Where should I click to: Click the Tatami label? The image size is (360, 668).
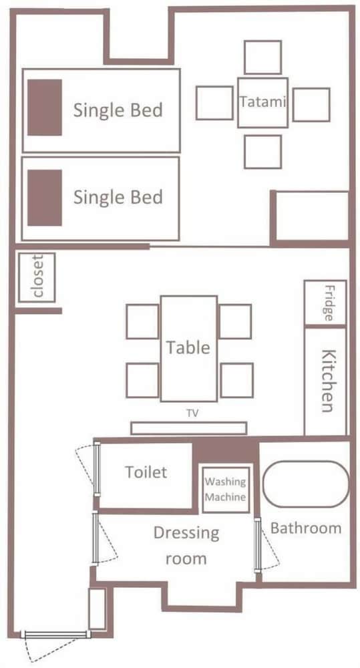coord(262,102)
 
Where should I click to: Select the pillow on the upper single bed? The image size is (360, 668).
coord(45,108)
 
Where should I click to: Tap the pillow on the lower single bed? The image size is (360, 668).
coord(45,198)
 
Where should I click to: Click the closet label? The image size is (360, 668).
coord(38,277)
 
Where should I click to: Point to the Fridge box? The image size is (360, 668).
coord(325,303)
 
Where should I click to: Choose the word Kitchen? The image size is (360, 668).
coord(327,381)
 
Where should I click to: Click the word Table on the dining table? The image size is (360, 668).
coord(188,347)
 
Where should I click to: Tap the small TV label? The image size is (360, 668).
coord(192,412)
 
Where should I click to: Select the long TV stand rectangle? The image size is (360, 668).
coord(189,428)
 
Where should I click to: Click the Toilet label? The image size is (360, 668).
coord(146,472)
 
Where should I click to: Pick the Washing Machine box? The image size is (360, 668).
coord(225,490)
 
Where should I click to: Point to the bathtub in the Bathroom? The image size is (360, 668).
coord(306,484)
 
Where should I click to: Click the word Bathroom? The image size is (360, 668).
coord(306,528)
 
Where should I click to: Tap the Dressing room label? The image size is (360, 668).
coord(186,545)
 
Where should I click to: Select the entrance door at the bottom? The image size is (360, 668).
coord(55,635)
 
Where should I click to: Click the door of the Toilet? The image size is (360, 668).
coord(97,469)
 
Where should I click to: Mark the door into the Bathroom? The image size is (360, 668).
coord(257,545)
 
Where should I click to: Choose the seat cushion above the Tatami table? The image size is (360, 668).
coord(263,57)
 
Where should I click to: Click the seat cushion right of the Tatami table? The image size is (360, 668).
coord(311,104)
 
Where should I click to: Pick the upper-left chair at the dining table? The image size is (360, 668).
coord(142,322)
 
